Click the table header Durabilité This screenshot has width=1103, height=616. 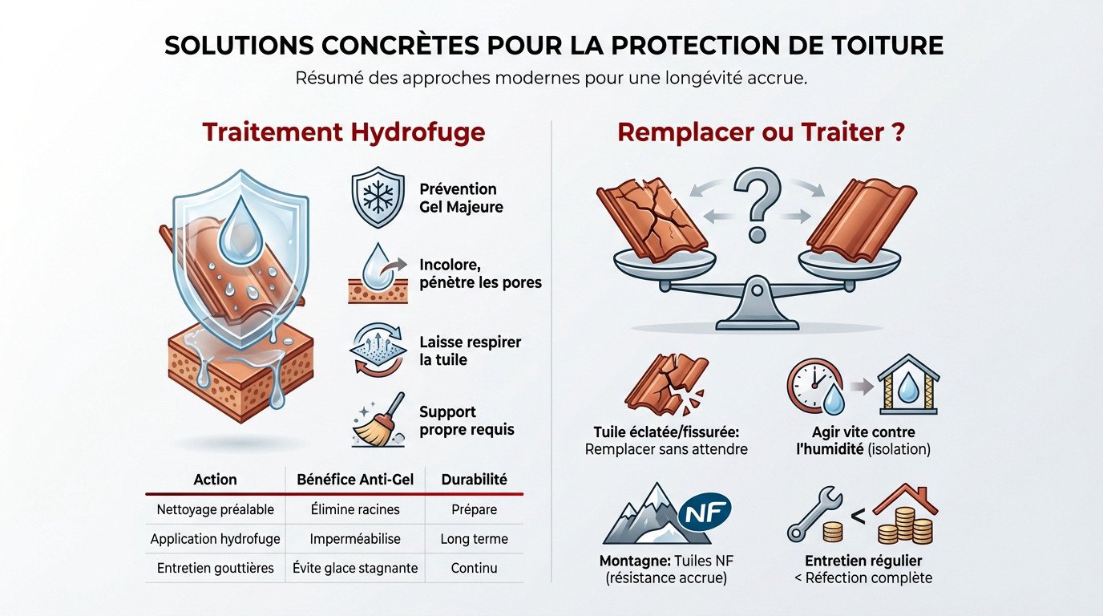click(x=475, y=480)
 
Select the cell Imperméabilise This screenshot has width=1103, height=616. click(x=355, y=539)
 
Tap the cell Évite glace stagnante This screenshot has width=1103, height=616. click(x=355, y=568)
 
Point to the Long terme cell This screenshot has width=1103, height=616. click(x=475, y=539)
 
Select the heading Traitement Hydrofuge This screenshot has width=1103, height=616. click(x=343, y=132)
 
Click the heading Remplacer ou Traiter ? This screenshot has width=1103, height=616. click(x=761, y=132)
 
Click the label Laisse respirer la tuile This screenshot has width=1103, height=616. click(x=470, y=351)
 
